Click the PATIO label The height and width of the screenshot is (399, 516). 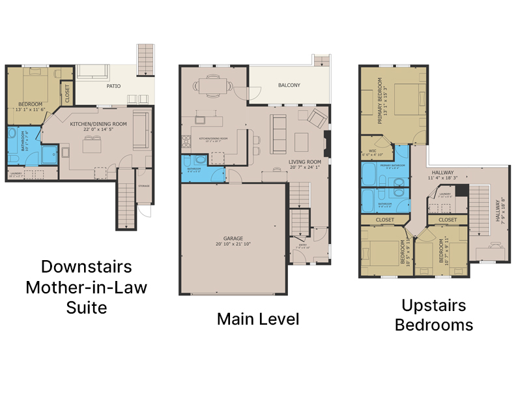tap(113, 86)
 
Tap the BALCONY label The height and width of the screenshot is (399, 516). tap(289, 85)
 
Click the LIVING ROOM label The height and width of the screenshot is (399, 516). tap(305, 162)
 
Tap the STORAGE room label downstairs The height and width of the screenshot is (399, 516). tap(144, 186)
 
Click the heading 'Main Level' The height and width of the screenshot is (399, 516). tap(258, 319)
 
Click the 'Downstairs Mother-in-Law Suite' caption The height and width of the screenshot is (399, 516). tap(87, 287)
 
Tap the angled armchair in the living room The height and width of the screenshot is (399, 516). tap(317, 118)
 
